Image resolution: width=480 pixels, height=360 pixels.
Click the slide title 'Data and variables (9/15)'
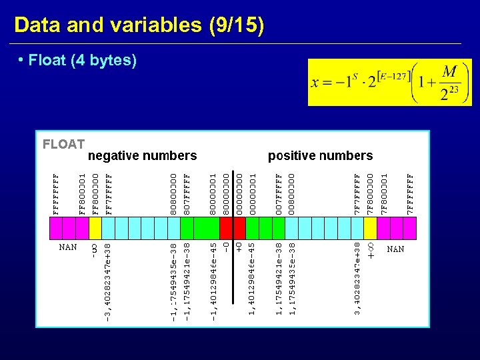139,25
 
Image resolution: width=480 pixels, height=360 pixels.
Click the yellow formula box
389,82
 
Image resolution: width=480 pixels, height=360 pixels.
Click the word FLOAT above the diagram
63,144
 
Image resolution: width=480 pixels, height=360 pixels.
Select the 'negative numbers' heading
143,155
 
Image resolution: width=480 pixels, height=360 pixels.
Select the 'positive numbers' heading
320,155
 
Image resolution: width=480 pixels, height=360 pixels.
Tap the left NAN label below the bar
68,247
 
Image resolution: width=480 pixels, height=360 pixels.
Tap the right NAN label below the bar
395,249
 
